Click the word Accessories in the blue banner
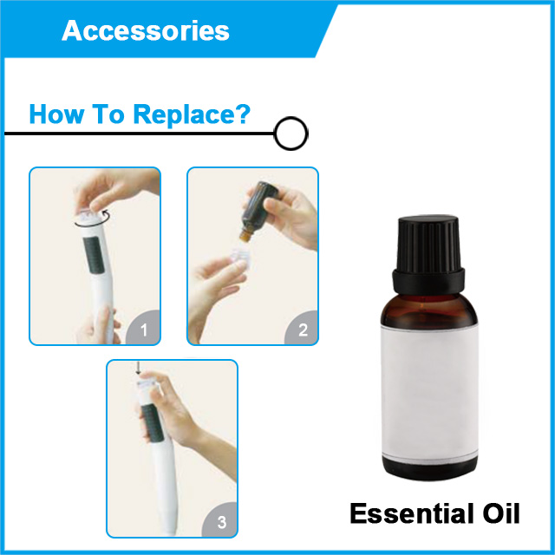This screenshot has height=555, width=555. tap(146, 30)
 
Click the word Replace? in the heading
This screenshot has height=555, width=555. tap(192, 115)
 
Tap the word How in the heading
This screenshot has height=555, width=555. tap(56, 114)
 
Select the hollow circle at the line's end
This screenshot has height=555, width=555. tap(291, 134)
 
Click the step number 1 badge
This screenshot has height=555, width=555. tap(143, 328)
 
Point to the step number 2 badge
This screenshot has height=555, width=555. tap(302, 328)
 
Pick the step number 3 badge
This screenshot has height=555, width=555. tap(220, 520)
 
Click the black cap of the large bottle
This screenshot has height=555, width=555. tap(428, 254)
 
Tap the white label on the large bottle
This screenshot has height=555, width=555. tap(430, 392)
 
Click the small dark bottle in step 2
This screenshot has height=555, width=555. tap(258, 211)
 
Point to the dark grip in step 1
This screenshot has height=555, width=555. tap(94, 254)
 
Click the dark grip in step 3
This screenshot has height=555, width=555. tap(153, 422)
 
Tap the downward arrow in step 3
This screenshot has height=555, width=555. tap(138, 368)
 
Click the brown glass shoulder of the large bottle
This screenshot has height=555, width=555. tap(429, 310)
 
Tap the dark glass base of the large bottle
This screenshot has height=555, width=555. tap(430, 467)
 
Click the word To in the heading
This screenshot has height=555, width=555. tap(108, 114)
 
